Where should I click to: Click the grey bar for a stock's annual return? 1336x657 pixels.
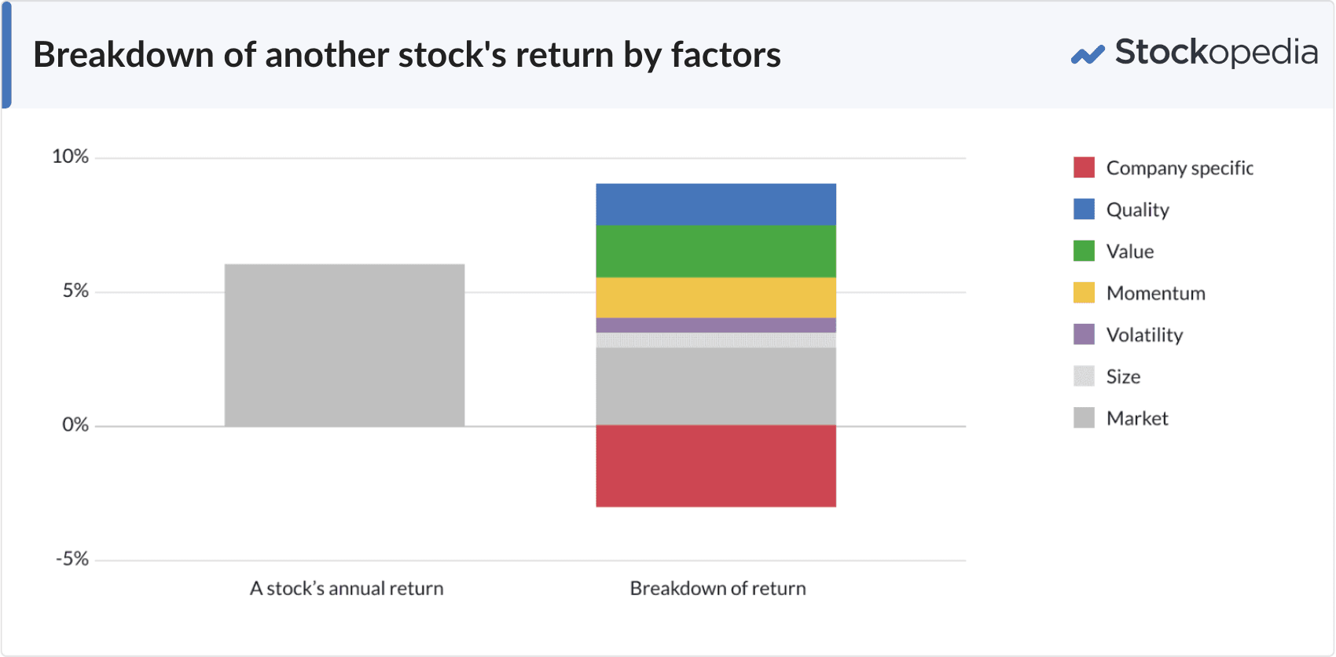pos(344,345)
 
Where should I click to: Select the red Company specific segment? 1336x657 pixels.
pos(715,465)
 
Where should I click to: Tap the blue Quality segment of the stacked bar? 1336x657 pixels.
pos(715,204)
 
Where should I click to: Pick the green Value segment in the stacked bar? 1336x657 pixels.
pos(715,251)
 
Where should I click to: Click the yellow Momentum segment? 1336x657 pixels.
pos(715,297)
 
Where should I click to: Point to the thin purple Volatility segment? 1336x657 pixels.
pos(715,325)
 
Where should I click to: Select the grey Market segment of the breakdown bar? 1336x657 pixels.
pos(715,386)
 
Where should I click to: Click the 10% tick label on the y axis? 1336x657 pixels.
pos(70,156)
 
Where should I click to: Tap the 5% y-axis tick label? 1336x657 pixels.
pos(75,291)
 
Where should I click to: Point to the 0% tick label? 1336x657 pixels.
pos(75,425)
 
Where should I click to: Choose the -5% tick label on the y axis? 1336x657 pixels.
pos(72,560)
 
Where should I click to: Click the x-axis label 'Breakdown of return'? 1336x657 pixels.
pos(718,589)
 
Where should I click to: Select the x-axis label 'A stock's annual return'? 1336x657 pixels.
pos(347,589)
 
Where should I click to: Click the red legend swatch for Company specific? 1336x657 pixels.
pos(1084,167)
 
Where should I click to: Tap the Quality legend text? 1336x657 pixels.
pos(1137,210)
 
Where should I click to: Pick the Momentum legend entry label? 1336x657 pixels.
pos(1155,293)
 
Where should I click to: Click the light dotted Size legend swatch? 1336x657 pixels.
pos(1084,376)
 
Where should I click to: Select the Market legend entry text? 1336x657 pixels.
pos(1136,418)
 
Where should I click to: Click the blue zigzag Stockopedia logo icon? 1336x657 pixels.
pos(1088,55)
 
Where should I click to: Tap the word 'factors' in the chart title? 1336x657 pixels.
pos(725,55)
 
